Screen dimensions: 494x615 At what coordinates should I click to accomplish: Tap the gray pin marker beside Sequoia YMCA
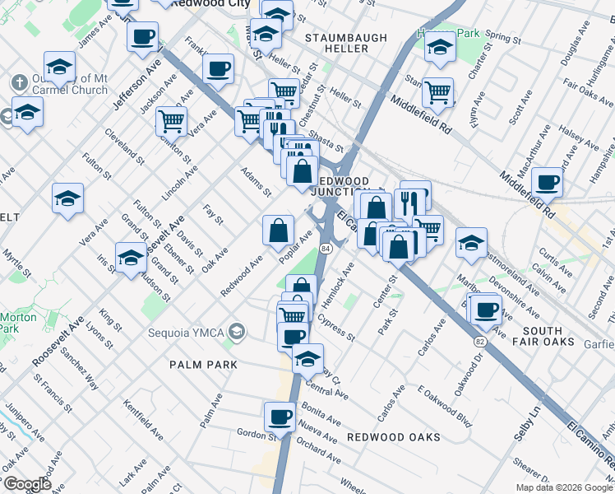click(237, 331)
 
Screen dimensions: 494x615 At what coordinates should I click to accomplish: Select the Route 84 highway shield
click(326, 247)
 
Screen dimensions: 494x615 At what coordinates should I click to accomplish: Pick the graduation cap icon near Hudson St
click(131, 257)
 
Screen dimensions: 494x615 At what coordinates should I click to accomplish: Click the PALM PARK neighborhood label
click(203, 365)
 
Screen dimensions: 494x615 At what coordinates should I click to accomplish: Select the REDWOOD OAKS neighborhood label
click(393, 436)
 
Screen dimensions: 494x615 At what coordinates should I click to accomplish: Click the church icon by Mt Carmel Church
click(19, 83)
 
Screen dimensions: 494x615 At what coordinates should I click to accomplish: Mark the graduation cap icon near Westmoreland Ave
click(472, 242)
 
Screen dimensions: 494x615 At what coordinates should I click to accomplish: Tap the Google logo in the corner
click(26, 484)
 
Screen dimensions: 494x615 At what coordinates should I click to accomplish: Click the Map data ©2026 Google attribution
click(564, 487)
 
